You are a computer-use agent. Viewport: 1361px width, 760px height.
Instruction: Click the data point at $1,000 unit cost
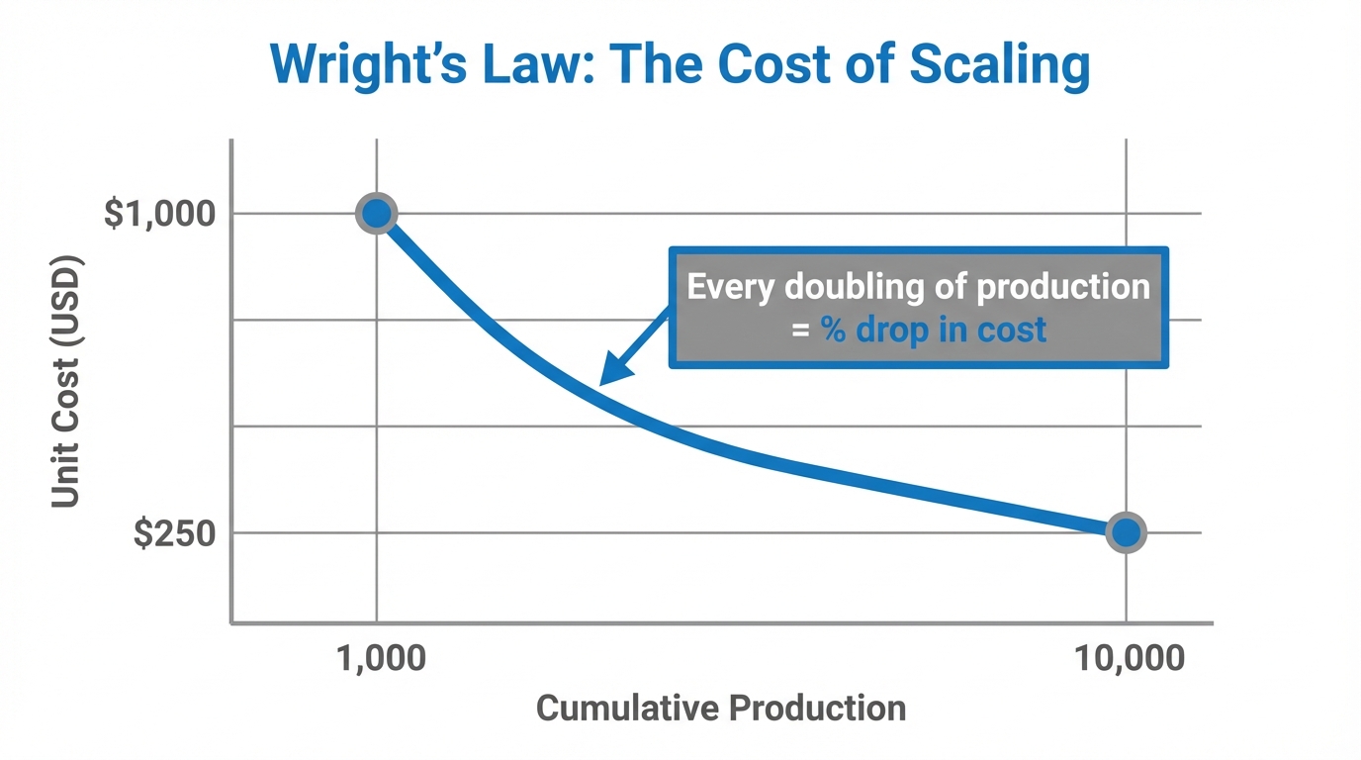pos(376,213)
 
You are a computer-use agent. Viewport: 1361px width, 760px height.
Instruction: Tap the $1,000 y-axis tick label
pos(159,213)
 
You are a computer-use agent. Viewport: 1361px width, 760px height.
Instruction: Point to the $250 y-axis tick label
pos(174,533)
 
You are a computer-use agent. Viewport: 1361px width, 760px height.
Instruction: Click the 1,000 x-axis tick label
pos(382,658)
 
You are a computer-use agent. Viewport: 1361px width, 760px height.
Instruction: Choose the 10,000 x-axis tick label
pos(1129,658)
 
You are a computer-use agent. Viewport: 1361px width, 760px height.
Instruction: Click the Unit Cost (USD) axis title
pos(65,382)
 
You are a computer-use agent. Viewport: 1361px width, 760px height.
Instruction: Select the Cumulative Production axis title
pos(720,709)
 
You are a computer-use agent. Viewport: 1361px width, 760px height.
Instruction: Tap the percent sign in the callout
pos(833,330)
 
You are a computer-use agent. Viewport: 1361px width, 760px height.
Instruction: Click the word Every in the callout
pos(731,287)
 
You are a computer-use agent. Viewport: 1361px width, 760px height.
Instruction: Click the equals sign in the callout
pos(800,331)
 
